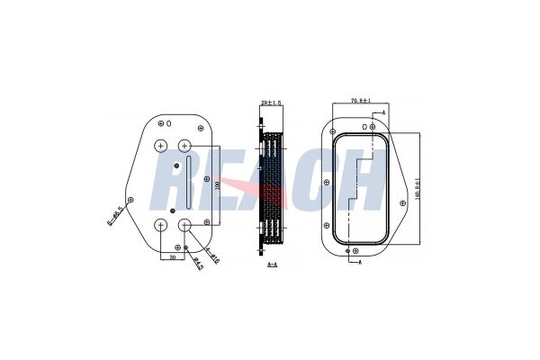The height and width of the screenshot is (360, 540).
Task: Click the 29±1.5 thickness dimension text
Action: (270, 103)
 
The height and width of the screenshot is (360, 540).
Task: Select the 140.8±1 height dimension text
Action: (419, 187)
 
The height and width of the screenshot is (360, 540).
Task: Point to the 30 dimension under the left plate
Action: (173, 256)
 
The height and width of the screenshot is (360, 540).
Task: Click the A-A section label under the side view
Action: (272, 266)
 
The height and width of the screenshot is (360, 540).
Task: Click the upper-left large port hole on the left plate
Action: (161, 146)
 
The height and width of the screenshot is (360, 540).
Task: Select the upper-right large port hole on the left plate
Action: (185, 146)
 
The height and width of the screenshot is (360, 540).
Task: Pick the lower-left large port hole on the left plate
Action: (161, 224)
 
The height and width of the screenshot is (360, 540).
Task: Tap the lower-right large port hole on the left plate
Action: (185, 224)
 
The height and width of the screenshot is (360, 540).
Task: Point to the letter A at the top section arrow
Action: (384, 112)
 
